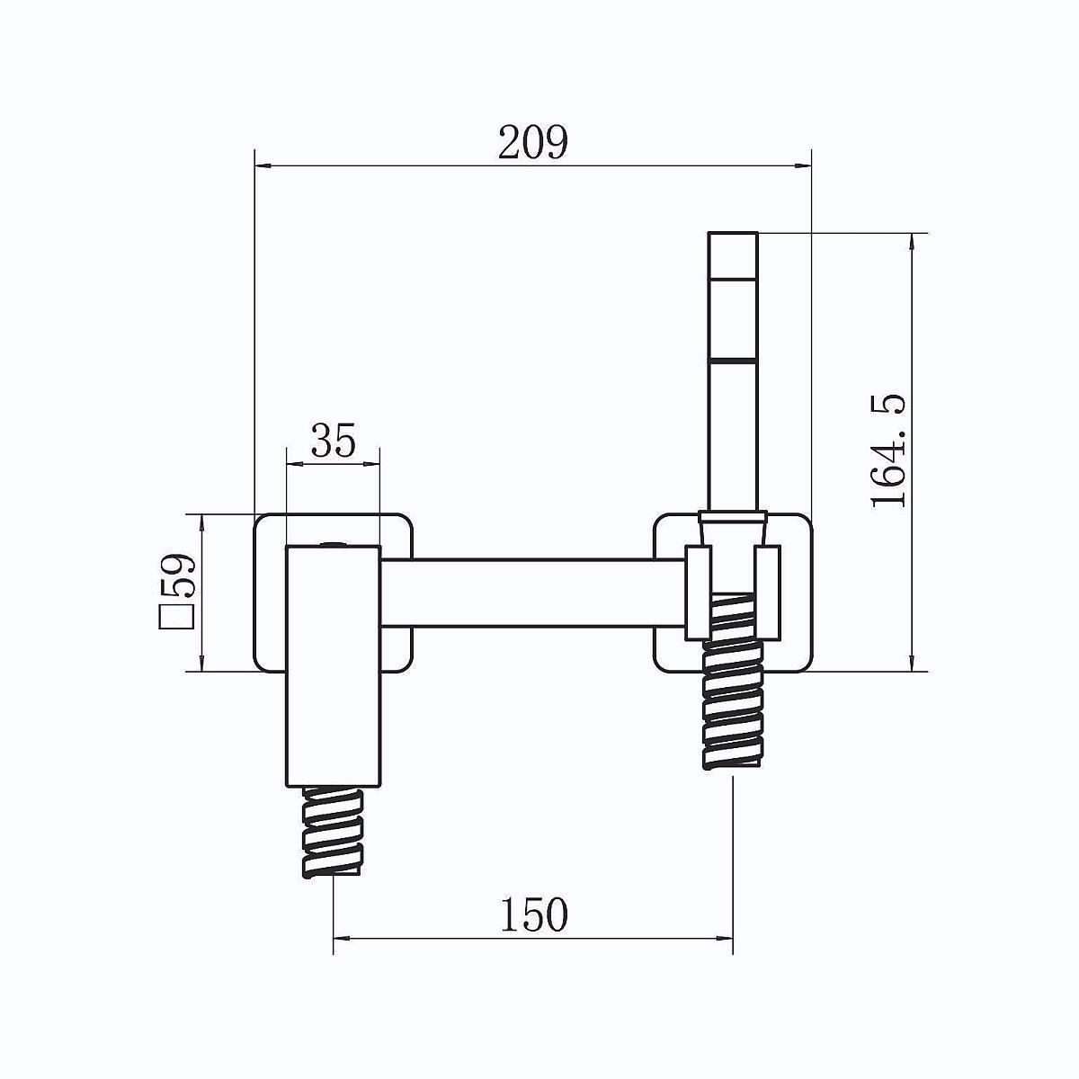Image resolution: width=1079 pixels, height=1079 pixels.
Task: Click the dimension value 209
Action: (x=532, y=142)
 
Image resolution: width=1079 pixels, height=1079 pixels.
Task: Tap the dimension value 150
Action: (x=533, y=914)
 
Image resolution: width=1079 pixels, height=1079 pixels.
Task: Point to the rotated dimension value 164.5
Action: (x=888, y=450)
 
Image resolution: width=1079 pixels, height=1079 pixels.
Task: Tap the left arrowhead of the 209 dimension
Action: (x=263, y=165)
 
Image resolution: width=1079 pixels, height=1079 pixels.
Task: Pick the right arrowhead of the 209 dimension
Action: (x=802, y=165)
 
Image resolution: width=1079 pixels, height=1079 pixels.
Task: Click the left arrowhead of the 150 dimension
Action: (x=342, y=939)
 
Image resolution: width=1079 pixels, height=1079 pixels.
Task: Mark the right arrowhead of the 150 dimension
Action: (x=724, y=939)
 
